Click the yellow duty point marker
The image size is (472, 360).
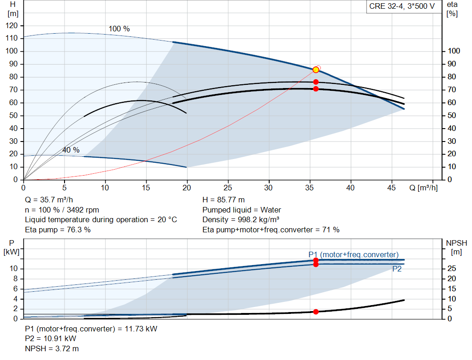(x=316, y=70)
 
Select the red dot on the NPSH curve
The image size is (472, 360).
(x=316, y=312)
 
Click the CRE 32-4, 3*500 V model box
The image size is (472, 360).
(x=402, y=6)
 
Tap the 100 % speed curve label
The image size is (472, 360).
(x=119, y=29)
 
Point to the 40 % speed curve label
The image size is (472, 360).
(x=71, y=150)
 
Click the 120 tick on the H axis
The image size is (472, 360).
(x=12, y=26)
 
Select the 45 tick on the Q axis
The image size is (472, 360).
(x=391, y=188)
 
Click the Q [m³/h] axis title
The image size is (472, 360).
(x=423, y=188)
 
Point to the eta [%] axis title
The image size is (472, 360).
(x=452, y=9)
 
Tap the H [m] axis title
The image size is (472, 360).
(x=12, y=9)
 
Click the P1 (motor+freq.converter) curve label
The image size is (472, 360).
(x=354, y=254)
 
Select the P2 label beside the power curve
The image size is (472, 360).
(x=397, y=269)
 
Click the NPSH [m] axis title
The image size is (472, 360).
(x=456, y=248)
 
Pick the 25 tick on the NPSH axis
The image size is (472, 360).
(x=452, y=268)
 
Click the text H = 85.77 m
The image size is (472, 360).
(x=224, y=200)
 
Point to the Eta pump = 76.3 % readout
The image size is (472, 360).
(x=58, y=230)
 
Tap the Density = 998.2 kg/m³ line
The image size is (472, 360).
(x=241, y=220)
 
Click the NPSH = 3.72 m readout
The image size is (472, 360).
(x=52, y=348)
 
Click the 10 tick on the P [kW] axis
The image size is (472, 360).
(x=13, y=268)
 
